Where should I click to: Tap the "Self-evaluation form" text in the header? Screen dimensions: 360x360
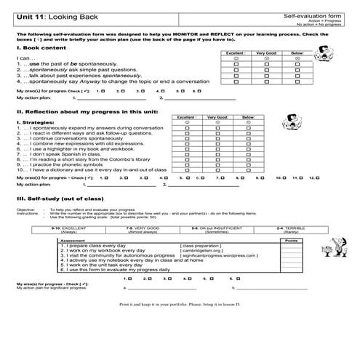point(314,16)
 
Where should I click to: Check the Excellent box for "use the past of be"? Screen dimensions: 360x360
point(236,64)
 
